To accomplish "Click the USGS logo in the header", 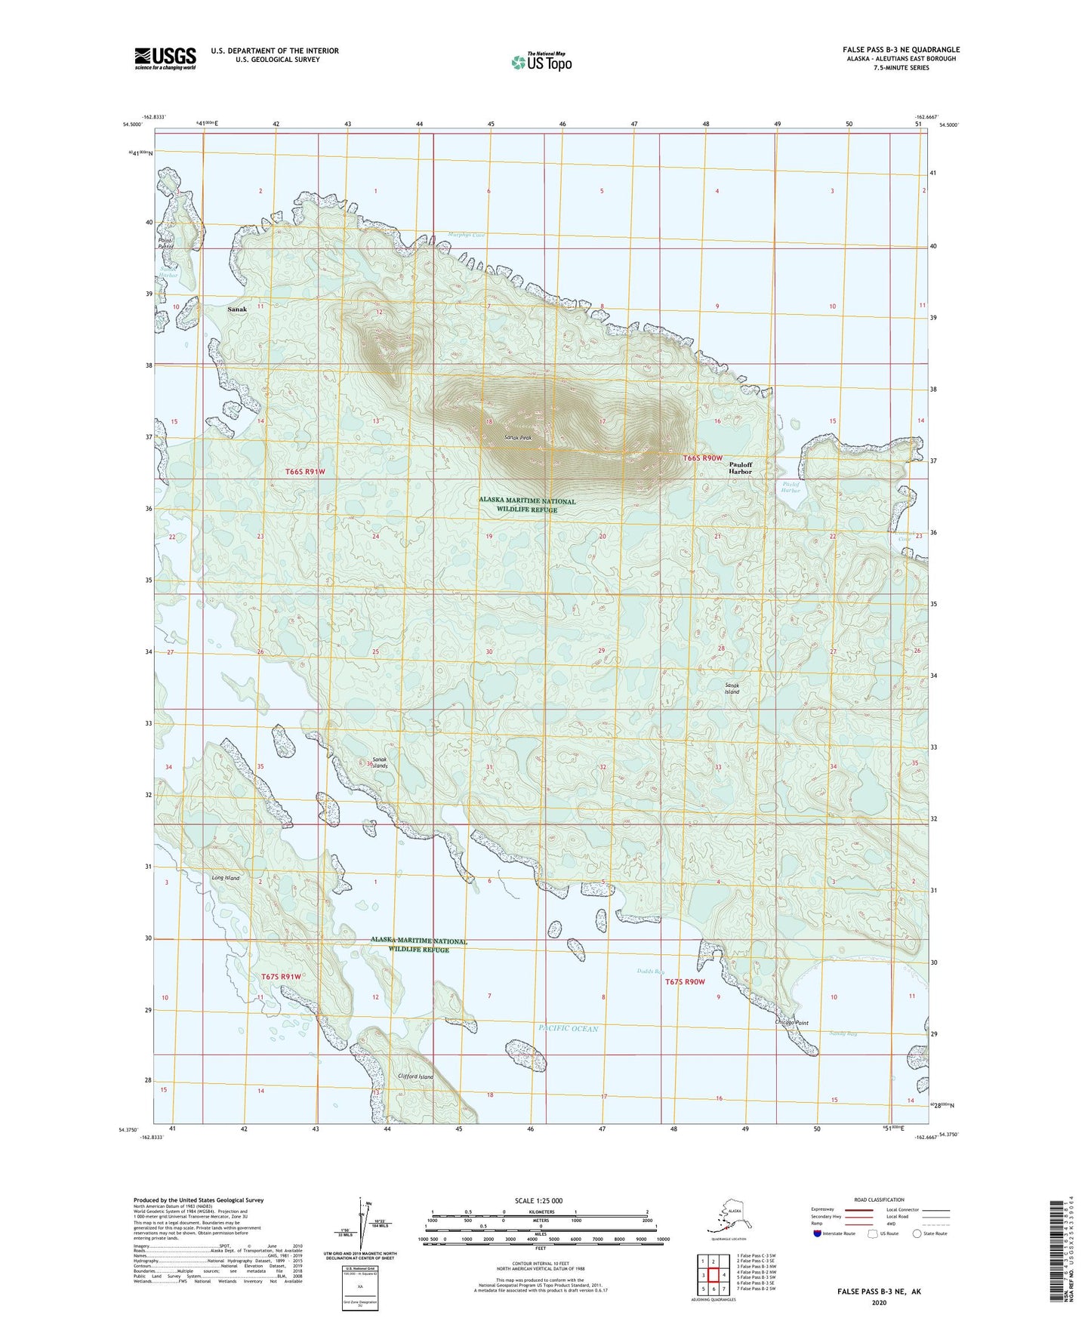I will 165,58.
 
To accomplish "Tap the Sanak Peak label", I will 519,438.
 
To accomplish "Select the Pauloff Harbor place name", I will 740,468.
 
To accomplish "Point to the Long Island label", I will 225,878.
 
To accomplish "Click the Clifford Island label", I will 415,1076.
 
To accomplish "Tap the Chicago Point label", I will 791,1023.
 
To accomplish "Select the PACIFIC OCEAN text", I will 569,1029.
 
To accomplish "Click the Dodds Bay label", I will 650,972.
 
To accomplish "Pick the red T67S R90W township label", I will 685,982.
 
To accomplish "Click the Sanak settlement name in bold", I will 237,309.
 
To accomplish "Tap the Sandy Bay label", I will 843,1033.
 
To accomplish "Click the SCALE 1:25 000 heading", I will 540,1201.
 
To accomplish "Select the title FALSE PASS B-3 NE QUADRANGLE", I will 901,50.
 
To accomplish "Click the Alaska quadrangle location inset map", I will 727,1217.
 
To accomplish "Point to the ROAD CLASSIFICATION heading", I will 878,1199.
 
